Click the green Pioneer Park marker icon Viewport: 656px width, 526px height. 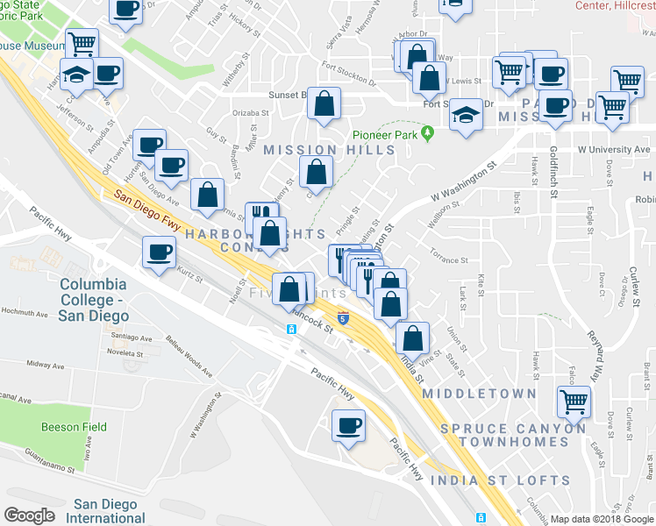[427, 134]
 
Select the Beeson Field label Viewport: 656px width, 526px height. [75, 427]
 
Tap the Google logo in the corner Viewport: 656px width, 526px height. [29, 515]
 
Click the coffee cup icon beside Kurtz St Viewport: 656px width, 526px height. [160, 253]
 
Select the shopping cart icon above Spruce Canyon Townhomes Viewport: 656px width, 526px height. [574, 402]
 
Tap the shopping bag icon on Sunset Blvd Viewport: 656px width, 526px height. [324, 103]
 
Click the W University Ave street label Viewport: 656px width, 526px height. [613, 150]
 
